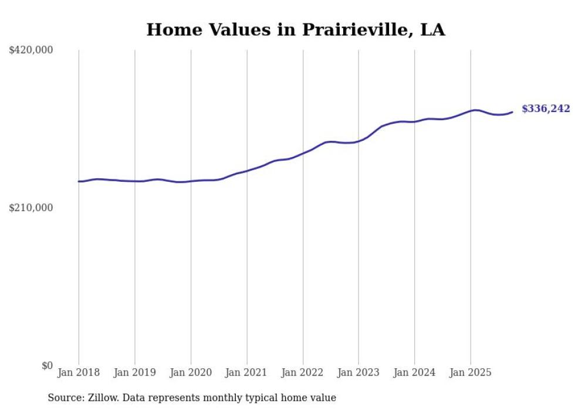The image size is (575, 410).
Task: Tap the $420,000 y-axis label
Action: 31,50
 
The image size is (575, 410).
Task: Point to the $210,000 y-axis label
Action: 31,208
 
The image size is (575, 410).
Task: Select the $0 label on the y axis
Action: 47,365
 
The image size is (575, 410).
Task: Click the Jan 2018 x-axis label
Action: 79,372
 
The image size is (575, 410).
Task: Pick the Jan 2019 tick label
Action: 135,372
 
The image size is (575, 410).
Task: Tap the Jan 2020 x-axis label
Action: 191,372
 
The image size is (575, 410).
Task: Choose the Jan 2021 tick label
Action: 247,372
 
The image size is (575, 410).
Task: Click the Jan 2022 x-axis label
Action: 303,372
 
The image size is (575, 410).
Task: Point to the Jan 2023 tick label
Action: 358,372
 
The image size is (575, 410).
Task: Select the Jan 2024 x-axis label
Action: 415,372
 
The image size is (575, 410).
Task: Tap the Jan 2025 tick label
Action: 471,372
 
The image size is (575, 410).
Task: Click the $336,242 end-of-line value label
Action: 546,109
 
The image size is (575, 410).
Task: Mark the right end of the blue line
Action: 512,112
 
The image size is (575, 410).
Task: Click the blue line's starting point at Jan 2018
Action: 79,181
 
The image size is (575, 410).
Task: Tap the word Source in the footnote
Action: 64,398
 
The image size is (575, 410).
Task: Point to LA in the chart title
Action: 433,29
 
